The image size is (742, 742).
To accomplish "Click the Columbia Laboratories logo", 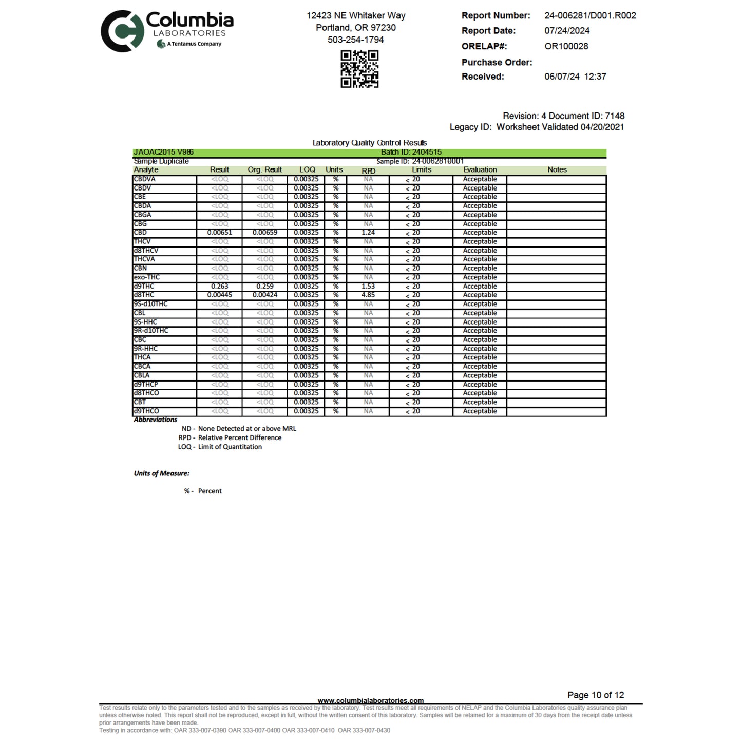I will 166,31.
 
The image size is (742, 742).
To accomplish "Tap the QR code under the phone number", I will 359,69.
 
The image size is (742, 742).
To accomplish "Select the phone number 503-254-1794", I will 355,40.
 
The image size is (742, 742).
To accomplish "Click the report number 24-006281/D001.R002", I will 590,15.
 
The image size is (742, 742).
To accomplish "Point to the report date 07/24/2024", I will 567,31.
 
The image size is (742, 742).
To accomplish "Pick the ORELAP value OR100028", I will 566,46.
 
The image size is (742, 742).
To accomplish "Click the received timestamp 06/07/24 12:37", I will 575,77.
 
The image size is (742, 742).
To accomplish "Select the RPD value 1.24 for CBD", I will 368,233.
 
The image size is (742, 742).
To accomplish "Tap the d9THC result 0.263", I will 219,286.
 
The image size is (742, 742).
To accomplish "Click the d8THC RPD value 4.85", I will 368,295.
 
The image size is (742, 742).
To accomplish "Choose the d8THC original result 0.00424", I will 265,295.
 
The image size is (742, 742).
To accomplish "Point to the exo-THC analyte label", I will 147,277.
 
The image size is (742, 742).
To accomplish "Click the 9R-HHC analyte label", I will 146,349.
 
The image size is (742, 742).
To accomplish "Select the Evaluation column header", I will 480,169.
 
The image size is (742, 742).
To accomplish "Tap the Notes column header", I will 557,169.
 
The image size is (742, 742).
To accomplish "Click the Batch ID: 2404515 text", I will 411,152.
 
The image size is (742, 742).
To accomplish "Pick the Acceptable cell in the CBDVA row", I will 480,179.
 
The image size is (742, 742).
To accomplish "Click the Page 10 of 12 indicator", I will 596,695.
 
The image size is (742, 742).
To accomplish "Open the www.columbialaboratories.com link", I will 371,700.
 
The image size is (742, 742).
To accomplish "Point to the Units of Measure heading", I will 161,473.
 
